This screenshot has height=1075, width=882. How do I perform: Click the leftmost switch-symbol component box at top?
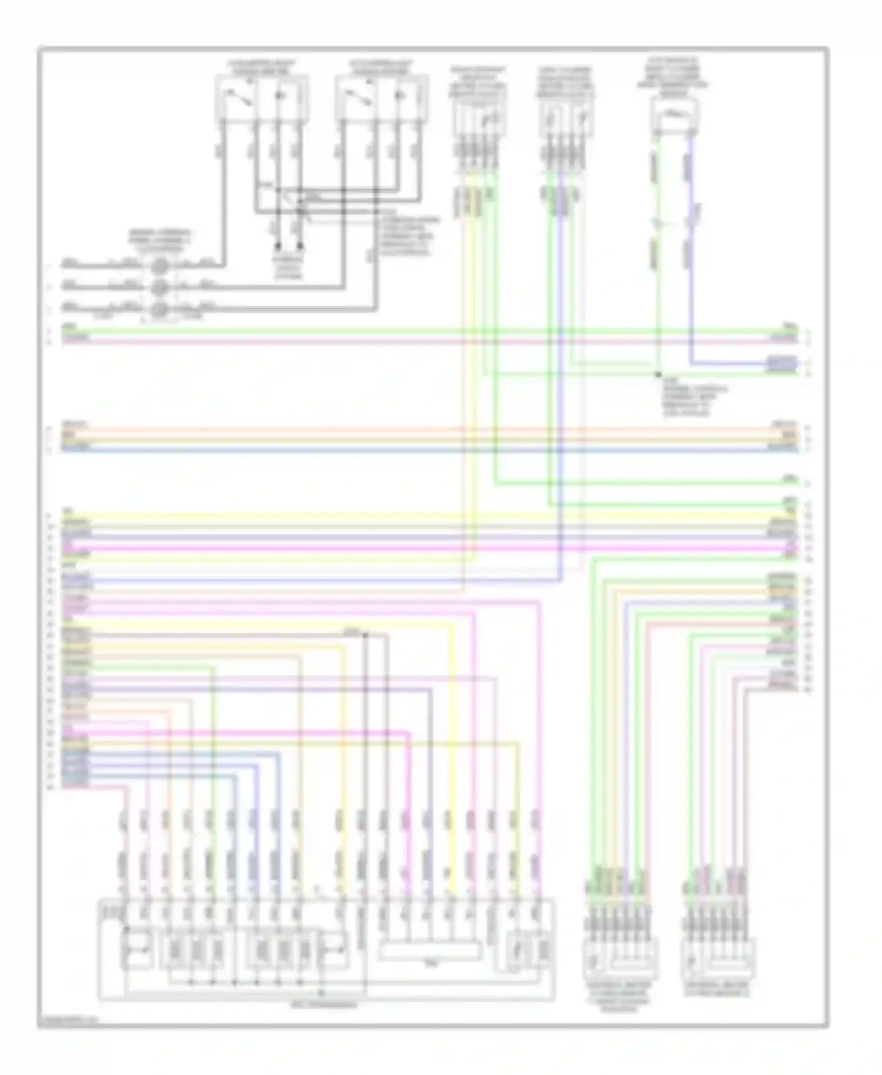pos(262,98)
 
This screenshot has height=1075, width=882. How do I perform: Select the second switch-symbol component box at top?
pos(381,98)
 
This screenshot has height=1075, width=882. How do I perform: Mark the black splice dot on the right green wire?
pos(659,374)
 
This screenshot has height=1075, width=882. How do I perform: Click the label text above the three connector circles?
pos(160,241)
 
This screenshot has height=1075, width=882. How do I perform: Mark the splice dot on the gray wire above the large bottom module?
pos(365,635)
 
